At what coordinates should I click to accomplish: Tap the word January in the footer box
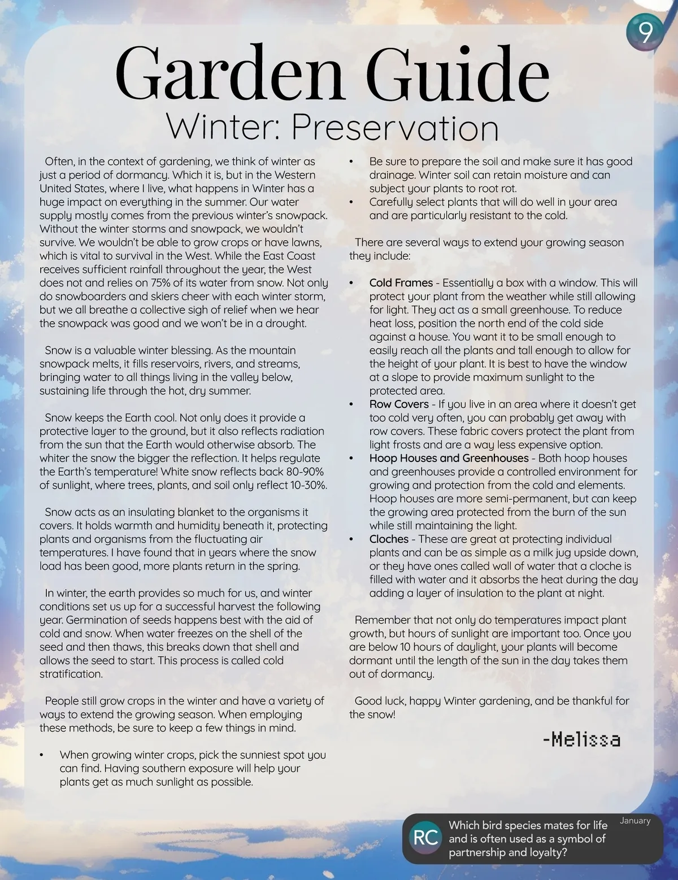(635, 821)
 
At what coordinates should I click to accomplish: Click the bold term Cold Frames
(401, 282)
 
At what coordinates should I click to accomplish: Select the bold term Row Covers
(399, 404)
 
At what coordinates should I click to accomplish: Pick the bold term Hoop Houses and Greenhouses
(449, 458)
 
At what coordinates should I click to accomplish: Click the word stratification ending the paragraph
(71, 674)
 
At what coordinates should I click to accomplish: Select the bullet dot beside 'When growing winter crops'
(42, 755)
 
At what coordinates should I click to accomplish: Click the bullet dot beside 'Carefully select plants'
(352, 202)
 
